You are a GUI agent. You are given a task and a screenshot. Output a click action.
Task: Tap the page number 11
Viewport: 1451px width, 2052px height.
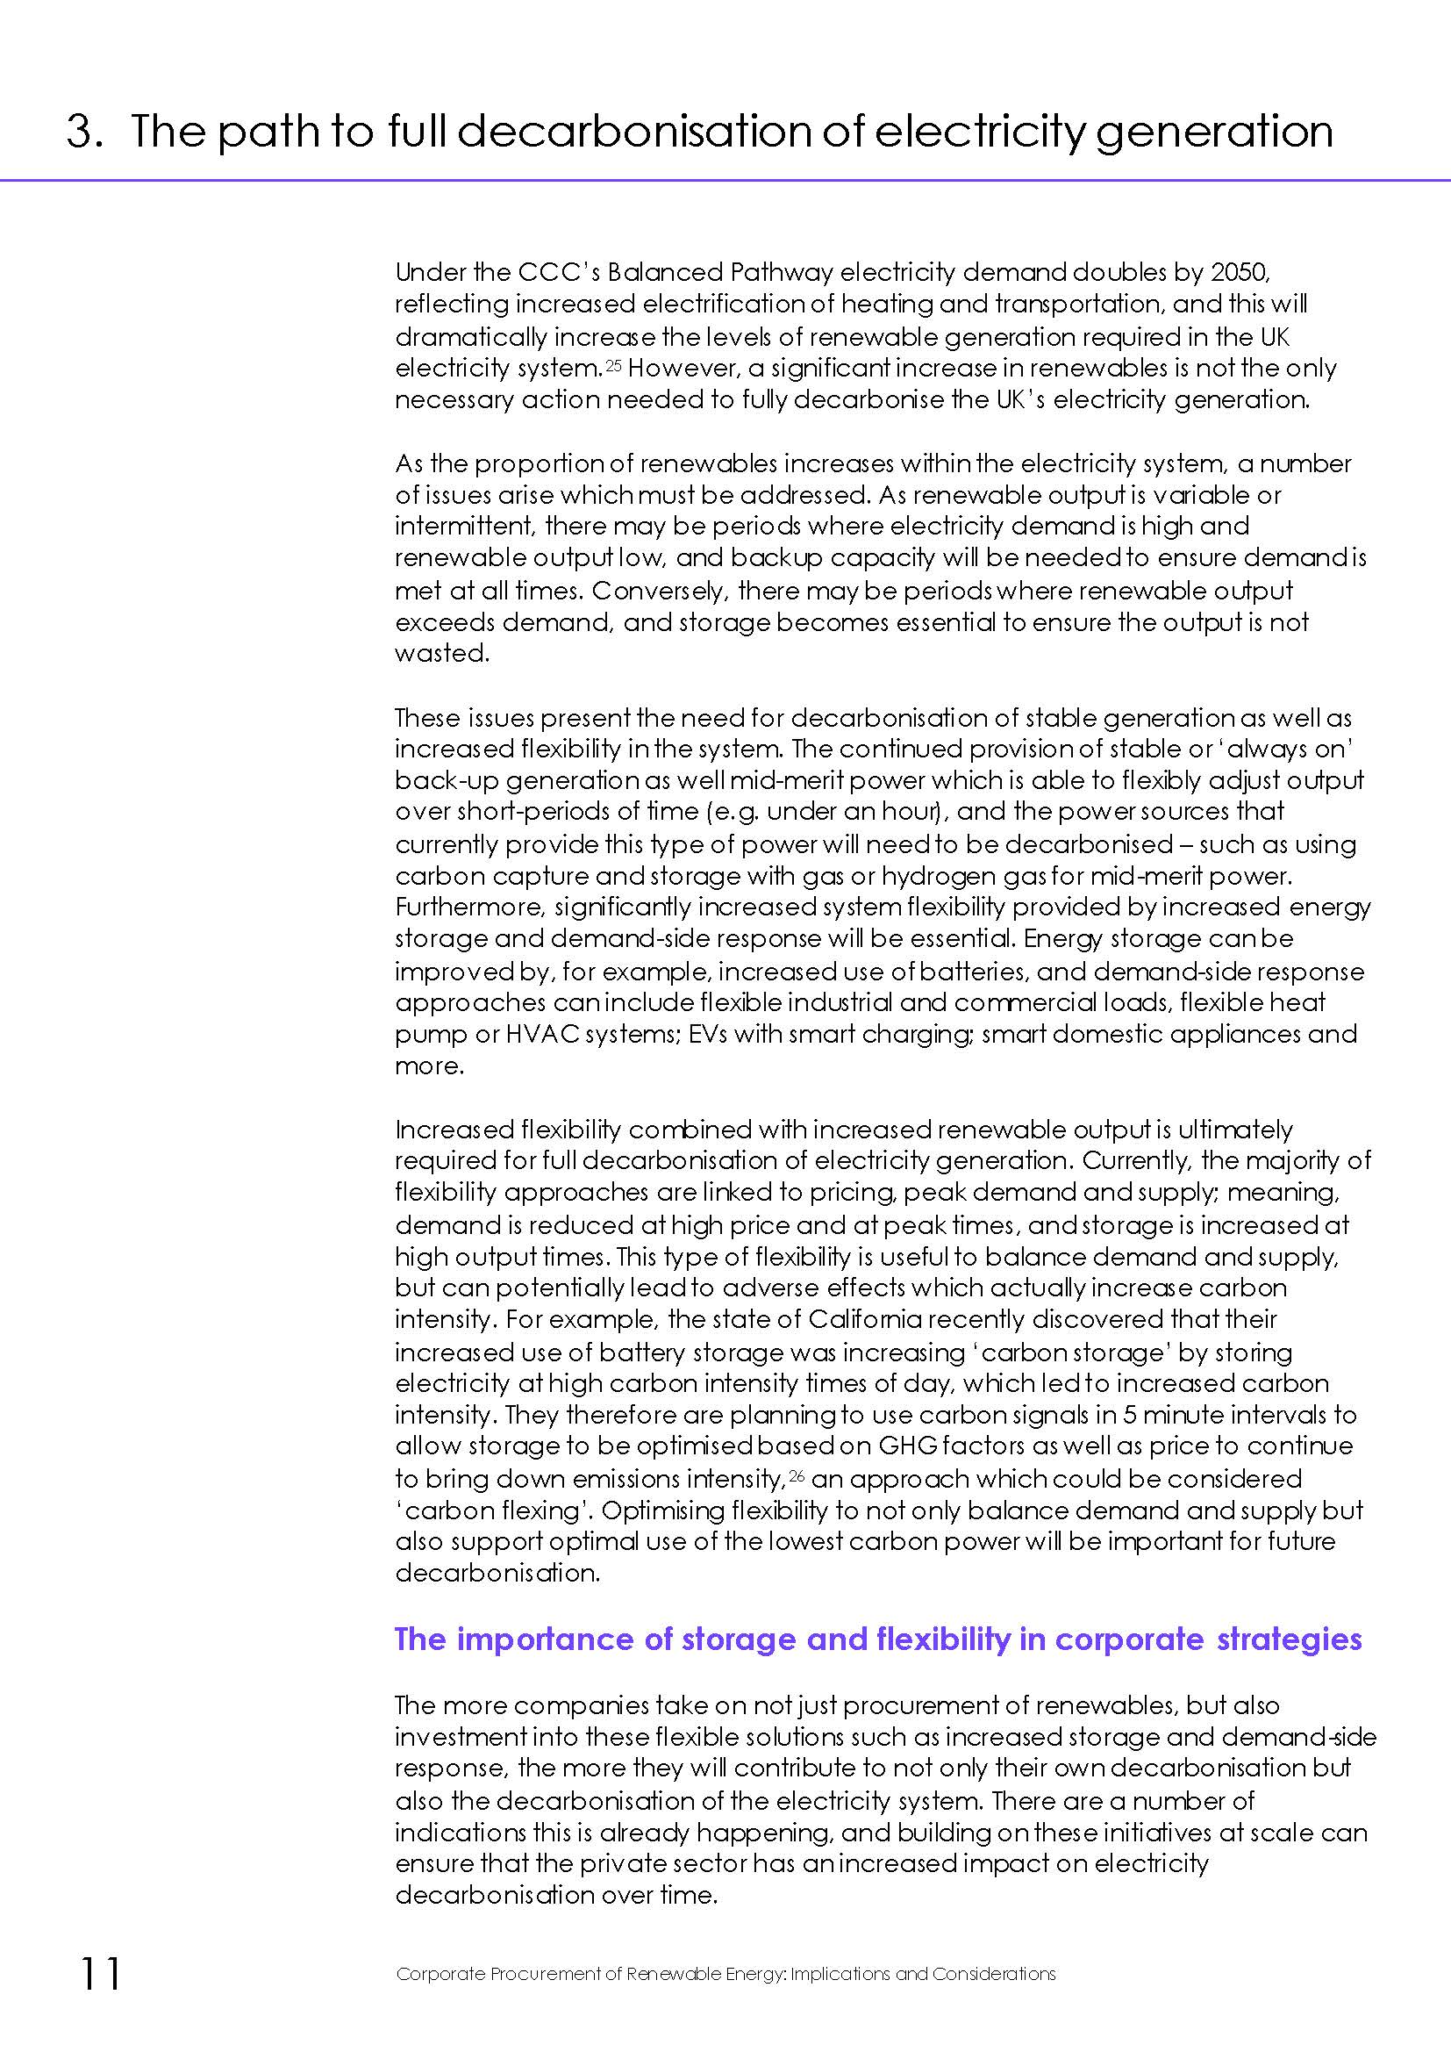[x=100, y=1973]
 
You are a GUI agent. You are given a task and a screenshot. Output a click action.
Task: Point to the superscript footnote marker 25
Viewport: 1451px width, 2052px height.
[x=613, y=363]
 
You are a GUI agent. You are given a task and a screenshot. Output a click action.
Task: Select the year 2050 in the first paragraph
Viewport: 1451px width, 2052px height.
[x=1248, y=271]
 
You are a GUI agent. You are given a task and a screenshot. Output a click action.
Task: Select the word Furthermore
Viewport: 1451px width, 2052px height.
[x=469, y=908]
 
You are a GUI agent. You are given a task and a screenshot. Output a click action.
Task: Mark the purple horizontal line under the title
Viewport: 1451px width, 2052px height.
[x=725, y=181]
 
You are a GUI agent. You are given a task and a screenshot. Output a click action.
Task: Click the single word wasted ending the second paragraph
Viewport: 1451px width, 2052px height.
[x=441, y=653]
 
